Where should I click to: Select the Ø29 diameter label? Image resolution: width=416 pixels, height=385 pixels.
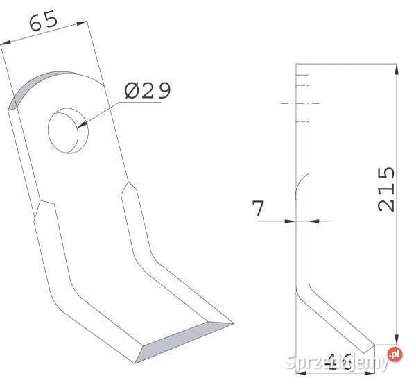147,91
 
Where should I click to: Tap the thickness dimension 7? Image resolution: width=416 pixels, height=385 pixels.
259,209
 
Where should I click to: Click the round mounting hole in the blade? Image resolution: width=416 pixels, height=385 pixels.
66,130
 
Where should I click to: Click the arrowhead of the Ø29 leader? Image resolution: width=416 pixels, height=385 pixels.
83,125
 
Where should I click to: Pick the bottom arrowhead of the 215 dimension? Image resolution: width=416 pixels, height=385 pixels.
396,336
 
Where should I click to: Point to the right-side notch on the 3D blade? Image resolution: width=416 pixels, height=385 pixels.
129,189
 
